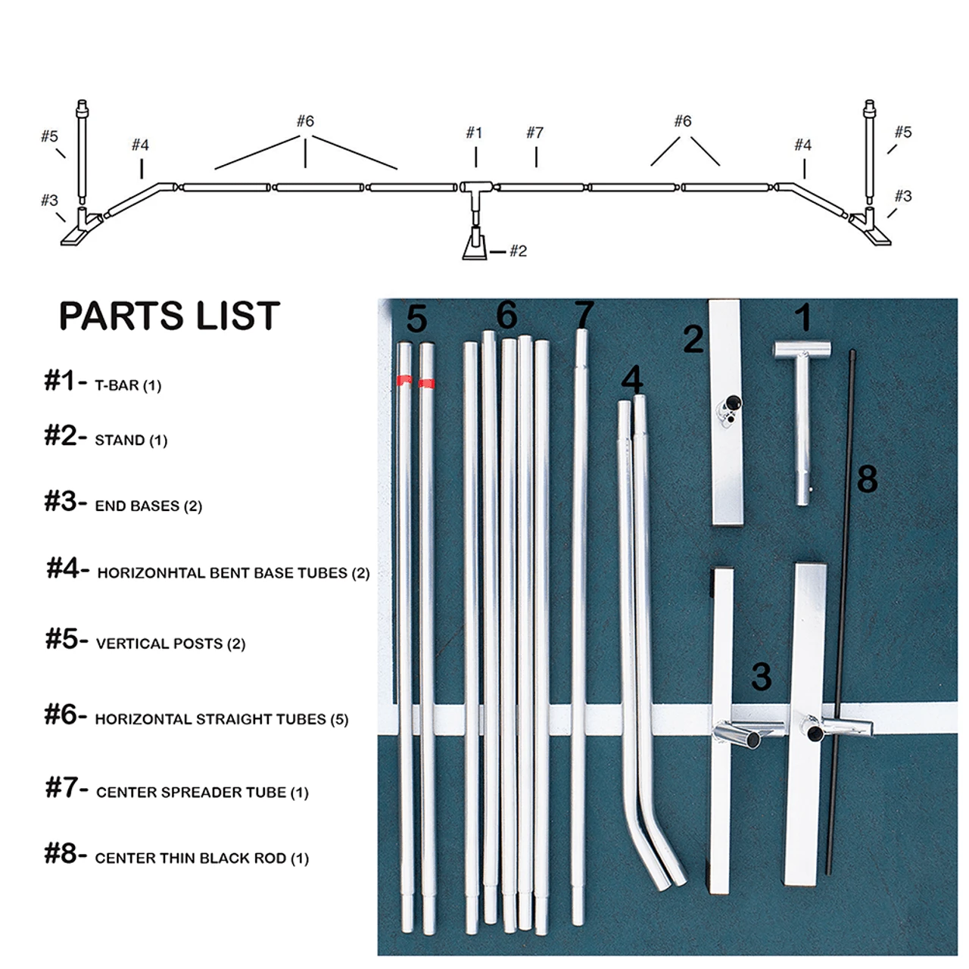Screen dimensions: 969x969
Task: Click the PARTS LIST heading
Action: tap(169, 316)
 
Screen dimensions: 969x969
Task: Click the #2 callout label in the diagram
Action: tap(518, 251)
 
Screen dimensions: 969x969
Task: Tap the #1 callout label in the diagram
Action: tap(474, 133)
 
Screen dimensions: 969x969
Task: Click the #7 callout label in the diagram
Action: tap(534, 133)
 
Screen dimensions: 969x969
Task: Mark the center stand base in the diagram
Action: tap(475, 247)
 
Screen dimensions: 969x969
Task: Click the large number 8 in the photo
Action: tap(867, 479)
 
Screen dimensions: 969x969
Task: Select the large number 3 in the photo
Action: tap(761, 677)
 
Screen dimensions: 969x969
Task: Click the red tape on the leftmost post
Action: tap(404, 381)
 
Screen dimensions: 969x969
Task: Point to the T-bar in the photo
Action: tap(802, 409)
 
